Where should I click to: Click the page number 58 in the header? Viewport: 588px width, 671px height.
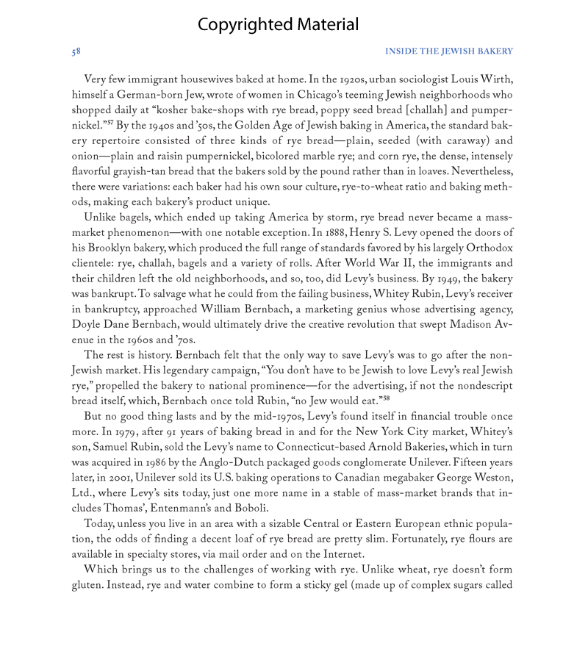pos(76,51)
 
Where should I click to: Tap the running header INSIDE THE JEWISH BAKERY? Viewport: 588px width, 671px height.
pos(448,51)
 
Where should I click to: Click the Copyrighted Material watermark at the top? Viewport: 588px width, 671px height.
pos(278,25)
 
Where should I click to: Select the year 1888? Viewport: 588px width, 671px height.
pos(343,233)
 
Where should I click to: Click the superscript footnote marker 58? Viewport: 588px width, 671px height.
pos(386,398)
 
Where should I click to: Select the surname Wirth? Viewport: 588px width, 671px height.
pos(496,79)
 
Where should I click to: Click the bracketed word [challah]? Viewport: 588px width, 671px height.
pos(426,110)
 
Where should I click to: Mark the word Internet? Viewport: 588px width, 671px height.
pos(340,555)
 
